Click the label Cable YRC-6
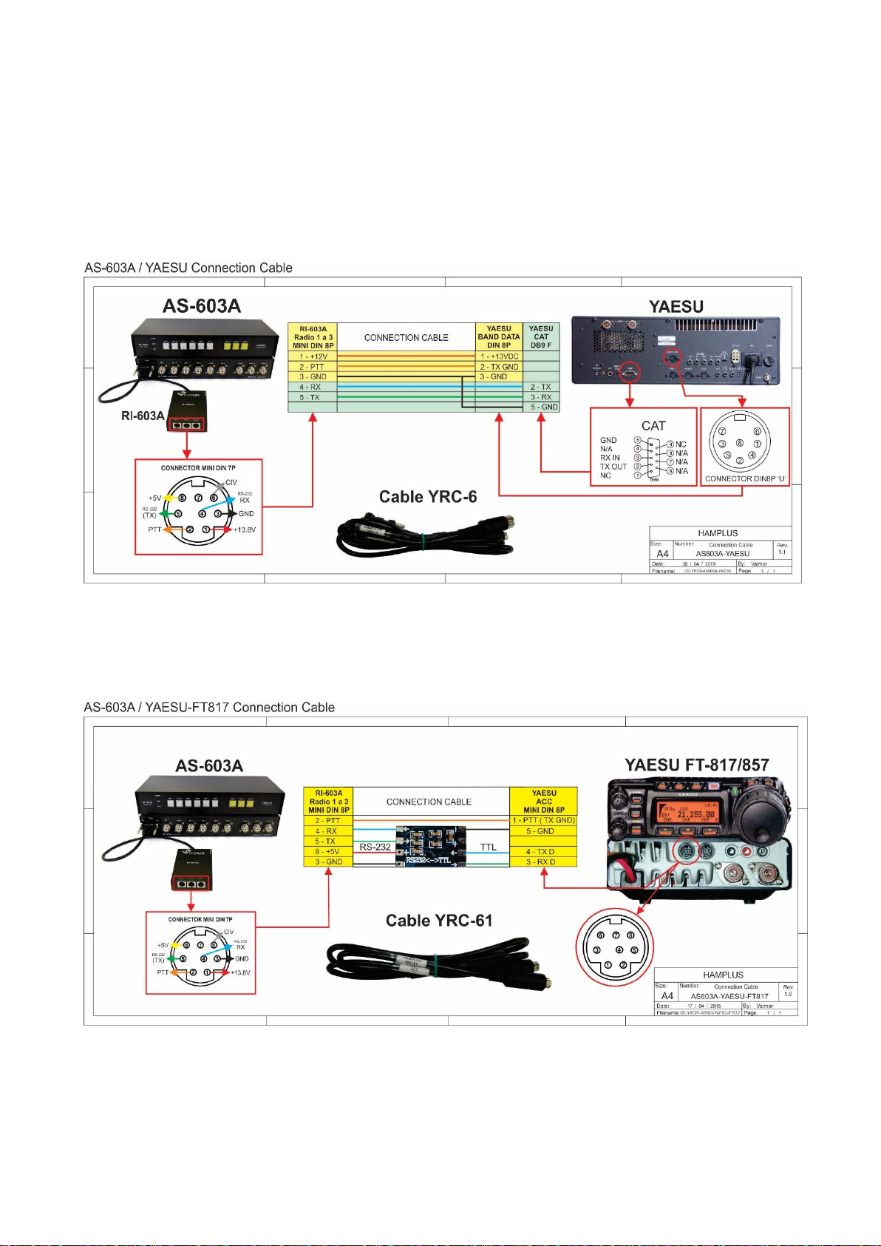coord(427,497)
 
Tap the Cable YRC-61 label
coord(439,921)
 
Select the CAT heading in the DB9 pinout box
coord(653,426)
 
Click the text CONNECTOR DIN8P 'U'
coord(745,478)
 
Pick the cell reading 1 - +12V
coord(313,356)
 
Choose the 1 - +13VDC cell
coord(500,356)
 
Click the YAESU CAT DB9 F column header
coord(541,336)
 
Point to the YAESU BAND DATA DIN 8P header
coord(499,336)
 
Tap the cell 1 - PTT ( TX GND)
coord(543,820)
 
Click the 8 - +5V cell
coord(328,852)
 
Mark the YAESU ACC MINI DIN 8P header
coord(543,801)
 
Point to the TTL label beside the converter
coord(489,847)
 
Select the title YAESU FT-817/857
coord(697,765)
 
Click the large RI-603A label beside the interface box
coord(143,416)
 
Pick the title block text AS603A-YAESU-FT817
coord(729,996)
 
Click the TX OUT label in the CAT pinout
coord(613,467)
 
